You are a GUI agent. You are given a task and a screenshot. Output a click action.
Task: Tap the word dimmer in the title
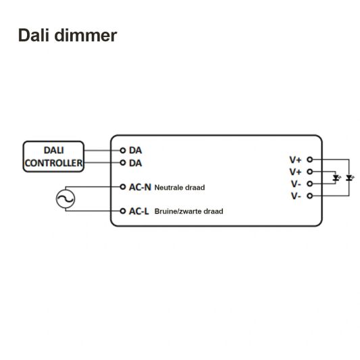(87, 35)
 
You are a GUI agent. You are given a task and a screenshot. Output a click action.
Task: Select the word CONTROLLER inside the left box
(54, 163)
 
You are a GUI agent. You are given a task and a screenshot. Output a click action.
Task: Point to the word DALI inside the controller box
(54, 151)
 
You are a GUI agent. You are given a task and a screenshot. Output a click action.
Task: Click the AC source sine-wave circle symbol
(66, 198)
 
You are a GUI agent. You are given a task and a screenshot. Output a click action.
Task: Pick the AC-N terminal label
(140, 186)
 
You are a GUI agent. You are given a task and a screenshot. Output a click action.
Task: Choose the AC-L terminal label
(140, 211)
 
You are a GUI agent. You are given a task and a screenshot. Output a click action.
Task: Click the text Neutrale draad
(179, 187)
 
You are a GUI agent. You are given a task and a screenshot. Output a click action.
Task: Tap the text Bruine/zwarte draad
(188, 211)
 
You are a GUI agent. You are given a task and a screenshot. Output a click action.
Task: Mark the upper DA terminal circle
(123, 151)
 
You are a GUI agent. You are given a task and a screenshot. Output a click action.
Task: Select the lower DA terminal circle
(123, 163)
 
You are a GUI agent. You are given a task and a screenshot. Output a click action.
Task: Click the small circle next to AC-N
(123, 186)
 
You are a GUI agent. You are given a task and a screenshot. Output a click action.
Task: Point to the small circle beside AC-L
(123, 211)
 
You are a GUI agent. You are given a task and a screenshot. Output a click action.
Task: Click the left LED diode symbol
(336, 178)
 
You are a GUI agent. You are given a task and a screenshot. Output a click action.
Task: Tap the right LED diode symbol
(349, 178)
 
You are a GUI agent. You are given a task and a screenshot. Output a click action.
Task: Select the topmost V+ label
(296, 160)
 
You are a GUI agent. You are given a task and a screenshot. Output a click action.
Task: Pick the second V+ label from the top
(296, 172)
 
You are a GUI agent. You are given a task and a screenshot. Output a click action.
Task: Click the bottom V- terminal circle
(309, 196)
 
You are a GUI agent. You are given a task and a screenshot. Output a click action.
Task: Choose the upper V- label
(296, 184)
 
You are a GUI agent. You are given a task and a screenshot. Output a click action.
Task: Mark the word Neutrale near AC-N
(168, 187)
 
